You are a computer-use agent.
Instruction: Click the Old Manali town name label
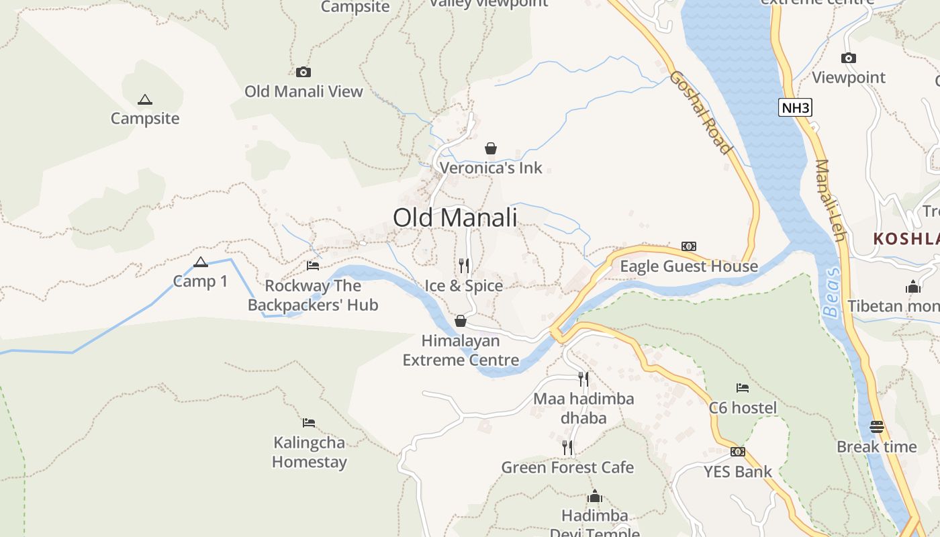pos(455,218)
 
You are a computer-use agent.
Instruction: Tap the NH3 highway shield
pos(795,107)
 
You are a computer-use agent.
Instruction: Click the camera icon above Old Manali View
pos(303,72)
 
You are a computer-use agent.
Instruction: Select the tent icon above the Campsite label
pos(144,100)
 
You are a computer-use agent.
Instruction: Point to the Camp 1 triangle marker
pos(200,262)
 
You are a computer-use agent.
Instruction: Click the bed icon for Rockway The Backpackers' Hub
pos(313,266)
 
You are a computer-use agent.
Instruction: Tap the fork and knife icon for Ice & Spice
pos(463,266)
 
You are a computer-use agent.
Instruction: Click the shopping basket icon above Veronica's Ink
pos(491,148)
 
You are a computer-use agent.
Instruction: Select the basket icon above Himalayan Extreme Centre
pos(461,321)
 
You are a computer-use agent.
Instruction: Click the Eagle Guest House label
pos(688,266)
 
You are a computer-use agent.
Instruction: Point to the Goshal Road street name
pos(699,112)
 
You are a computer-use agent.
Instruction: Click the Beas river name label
pos(831,291)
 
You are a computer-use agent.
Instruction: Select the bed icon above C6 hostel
pos(743,388)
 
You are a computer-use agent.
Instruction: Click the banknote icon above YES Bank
pos(738,452)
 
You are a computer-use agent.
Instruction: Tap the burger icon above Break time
pos(876,427)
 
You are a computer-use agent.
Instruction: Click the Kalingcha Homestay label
pos(310,452)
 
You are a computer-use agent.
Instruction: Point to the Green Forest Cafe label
pos(567,467)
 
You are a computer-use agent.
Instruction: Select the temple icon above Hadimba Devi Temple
pos(594,497)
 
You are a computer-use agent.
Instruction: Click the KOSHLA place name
pos(906,238)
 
